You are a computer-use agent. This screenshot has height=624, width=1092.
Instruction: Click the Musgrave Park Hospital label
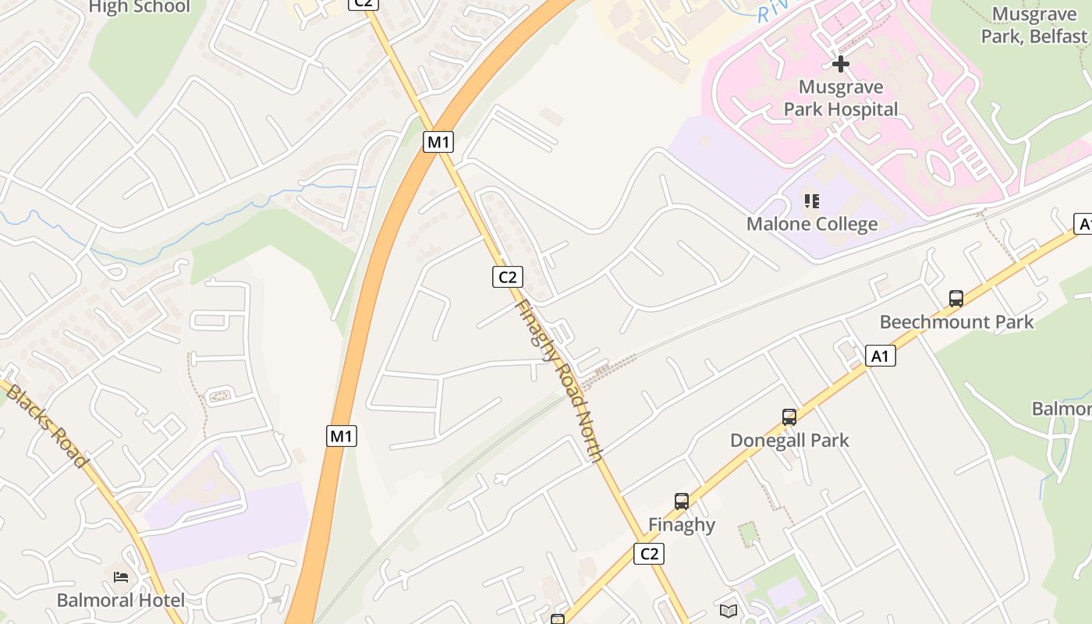tap(841, 98)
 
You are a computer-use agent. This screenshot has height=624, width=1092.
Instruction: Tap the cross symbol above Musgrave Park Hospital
tap(840, 63)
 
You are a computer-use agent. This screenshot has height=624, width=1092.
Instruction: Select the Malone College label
tap(812, 225)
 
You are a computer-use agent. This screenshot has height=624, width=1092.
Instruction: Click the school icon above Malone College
tap(812, 202)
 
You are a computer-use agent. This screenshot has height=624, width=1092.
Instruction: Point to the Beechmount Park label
tap(956, 322)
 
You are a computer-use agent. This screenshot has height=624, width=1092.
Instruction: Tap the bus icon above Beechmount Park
tap(956, 298)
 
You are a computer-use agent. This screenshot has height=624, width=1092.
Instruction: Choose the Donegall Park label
tap(789, 441)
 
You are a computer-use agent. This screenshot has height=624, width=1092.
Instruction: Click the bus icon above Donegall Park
tap(789, 417)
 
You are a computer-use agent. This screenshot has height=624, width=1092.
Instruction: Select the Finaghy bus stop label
tap(682, 525)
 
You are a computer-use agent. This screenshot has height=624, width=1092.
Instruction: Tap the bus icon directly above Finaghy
tap(682, 502)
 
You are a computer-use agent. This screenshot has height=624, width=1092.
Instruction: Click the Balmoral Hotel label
tap(121, 601)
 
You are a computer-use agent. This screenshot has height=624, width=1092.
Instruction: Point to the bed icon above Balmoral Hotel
tap(121, 577)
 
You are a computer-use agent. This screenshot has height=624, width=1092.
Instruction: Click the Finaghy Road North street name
tap(559, 381)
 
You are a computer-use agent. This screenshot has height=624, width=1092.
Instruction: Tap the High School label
tap(139, 7)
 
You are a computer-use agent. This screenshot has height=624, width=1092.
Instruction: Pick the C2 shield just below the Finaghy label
tap(648, 554)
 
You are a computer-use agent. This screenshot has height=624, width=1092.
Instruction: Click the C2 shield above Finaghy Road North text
tap(507, 276)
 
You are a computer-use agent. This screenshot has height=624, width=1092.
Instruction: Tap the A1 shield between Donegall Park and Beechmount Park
tap(880, 356)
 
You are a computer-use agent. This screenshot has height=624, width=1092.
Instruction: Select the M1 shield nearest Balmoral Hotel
tap(341, 436)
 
